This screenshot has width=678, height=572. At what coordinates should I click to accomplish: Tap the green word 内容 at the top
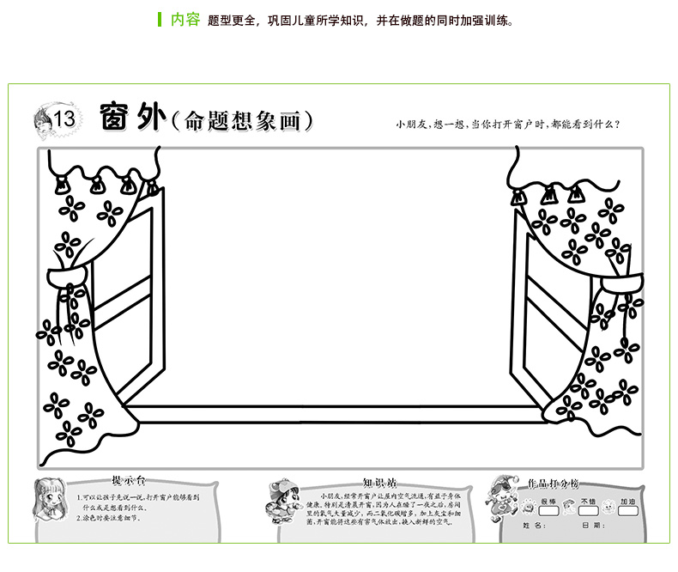(x=185, y=20)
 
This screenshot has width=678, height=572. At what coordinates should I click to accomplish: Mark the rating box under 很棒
(x=549, y=511)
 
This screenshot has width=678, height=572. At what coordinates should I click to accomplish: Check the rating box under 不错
(x=588, y=511)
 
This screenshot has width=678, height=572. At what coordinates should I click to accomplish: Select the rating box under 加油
(x=627, y=511)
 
